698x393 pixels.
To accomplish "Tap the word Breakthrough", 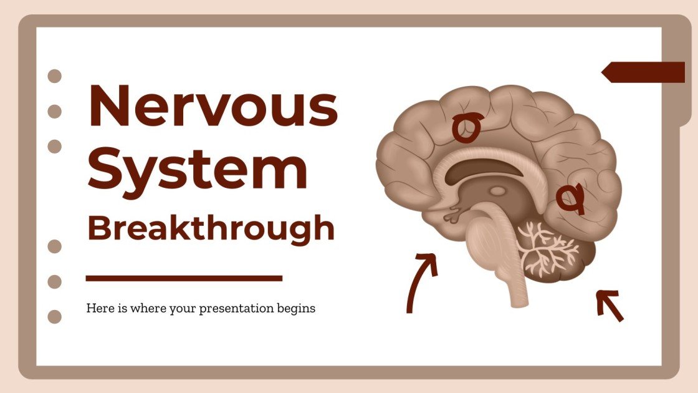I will point(211,228).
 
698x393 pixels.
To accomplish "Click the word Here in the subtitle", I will point(98,308).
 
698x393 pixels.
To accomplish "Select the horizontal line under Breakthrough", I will point(184,278).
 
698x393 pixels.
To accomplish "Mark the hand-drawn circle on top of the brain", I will point(466,127).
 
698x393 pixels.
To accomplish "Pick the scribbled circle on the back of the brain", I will point(570,198).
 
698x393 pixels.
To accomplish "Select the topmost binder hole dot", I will point(55,76).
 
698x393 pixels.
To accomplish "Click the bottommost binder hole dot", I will point(55,316).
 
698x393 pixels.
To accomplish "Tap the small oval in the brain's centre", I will point(497,192).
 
